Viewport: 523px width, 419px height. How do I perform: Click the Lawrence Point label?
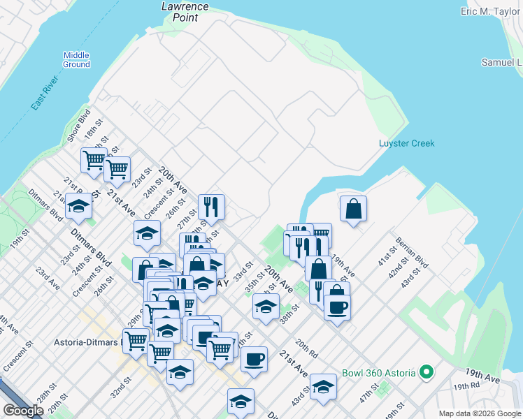point(185,11)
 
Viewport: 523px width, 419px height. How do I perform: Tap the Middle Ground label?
point(77,60)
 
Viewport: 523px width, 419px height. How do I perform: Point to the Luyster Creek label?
point(406,143)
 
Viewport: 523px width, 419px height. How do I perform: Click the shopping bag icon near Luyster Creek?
point(354,208)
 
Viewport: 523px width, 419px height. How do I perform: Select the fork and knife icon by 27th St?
point(210,206)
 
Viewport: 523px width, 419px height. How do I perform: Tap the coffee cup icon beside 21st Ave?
point(253,359)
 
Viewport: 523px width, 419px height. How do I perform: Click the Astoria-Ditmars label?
point(87,342)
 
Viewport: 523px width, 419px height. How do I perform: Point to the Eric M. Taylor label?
point(490,12)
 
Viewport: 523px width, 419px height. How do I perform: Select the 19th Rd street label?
point(466,385)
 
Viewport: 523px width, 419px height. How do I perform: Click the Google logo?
point(23,411)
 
